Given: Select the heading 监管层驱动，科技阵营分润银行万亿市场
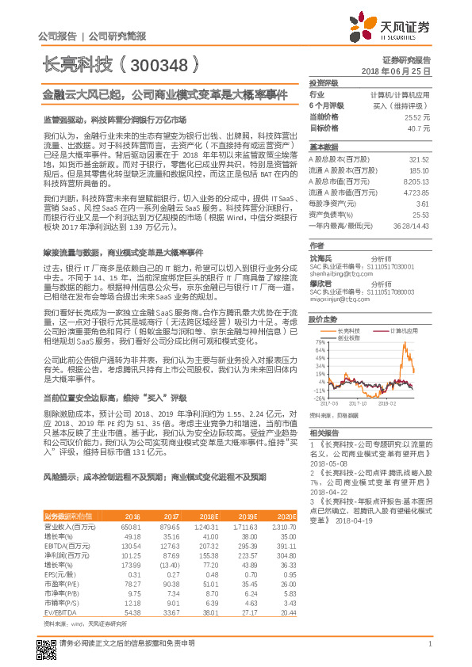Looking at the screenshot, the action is point(113,119).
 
